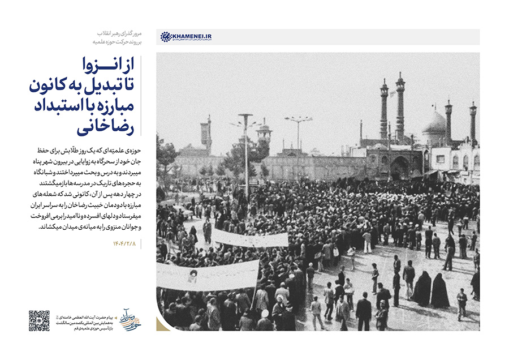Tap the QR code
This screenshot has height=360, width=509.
(39, 320)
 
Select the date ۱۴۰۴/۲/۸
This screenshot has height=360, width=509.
(126, 244)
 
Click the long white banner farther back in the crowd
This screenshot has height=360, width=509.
(249, 238)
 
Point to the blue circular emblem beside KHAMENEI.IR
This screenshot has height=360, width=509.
(166, 37)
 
